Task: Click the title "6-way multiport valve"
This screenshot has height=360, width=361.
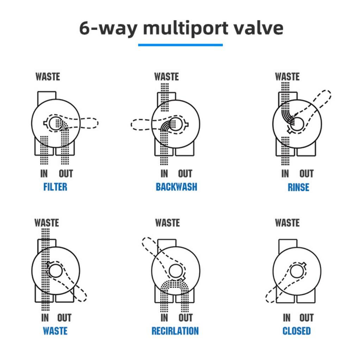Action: tap(181, 28)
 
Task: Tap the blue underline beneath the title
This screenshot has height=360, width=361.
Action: tap(180, 45)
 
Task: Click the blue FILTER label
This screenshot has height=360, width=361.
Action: tap(55, 187)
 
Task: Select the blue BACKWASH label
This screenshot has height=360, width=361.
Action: tap(176, 187)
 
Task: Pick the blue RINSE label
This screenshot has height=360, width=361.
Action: tap(298, 187)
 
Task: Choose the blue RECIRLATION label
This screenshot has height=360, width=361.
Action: tap(175, 331)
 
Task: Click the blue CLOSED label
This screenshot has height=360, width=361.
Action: tap(297, 331)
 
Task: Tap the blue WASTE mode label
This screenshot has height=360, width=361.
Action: tap(55, 331)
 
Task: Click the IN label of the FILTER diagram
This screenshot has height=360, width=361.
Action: tap(44, 173)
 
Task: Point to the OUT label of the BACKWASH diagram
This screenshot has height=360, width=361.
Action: tap(185, 173)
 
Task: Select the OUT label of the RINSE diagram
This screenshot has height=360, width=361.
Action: tap(306, 173)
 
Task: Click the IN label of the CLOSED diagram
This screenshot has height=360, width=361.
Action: tap(287, 318)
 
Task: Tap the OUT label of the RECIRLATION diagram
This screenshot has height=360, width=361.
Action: tap(186, 318)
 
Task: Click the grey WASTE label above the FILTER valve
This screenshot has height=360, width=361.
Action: tap(48, 77)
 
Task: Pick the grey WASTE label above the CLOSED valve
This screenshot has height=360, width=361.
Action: tap(287, 223)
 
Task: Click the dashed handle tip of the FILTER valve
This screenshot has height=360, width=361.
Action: tap(98, 123)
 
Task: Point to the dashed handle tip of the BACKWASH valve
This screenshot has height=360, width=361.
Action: tap(132, 125)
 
